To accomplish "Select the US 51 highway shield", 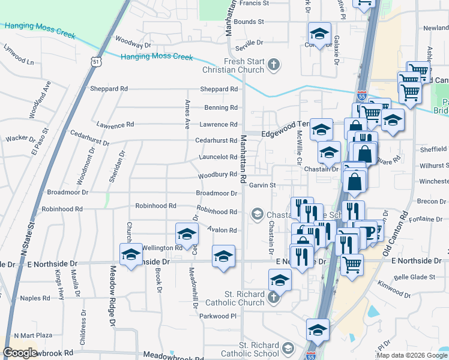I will click(x=97, y=61).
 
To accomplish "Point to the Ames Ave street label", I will click(x=187, y=114).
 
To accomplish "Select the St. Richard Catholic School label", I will click(x=259, y=350).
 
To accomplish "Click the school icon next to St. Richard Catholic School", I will click(x=288, y=349).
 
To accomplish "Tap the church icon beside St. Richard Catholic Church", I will click(x=274, y=297).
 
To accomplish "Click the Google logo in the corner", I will click(x=20, y=353).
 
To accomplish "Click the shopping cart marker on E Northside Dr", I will click(x=352, y=265).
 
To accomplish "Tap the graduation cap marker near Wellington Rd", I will click(x=187, y=235).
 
